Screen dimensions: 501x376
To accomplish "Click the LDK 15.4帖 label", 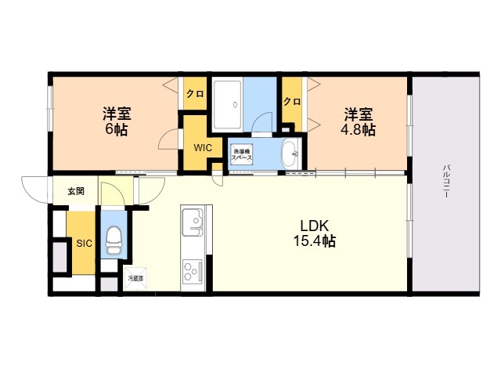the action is pyautogui.click(x=315, y=233).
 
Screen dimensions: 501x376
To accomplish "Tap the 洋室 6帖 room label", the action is pyautogui.click(x=117, y=121).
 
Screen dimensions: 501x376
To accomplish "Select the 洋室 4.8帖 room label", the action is pyautogui.click(x=359, y=122).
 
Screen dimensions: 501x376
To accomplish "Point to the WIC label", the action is pyautogui.click(x=203, y=148).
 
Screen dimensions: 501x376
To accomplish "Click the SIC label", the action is pyautogui.click(x=84, y=244).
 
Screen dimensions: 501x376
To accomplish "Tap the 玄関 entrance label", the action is pyautogui.click(x=76, y=191).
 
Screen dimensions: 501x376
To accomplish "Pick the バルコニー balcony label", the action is pyautogui.click(x=446, y=181).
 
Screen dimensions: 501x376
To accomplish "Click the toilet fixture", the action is pyautogui.click(x=114, y=240).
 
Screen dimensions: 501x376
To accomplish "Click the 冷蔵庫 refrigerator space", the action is pyautogui.click(x=135, y=279).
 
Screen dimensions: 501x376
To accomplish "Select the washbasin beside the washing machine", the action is pyautogui.click(x=290, y=154).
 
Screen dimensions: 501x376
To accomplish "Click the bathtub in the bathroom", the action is pyautogui.click(x=227, y=104).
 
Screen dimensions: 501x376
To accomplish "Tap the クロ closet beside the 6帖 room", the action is pyautogui.click(x=195, y=94).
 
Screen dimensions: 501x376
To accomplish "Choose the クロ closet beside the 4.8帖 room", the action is pyautogui.click(x=292, y=101).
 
